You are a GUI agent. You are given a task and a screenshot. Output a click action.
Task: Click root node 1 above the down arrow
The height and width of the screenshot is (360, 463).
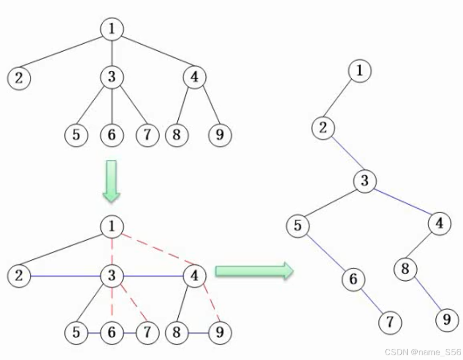point(112,29)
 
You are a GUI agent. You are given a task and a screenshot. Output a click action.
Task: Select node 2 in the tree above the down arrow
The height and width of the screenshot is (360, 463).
point(19,78)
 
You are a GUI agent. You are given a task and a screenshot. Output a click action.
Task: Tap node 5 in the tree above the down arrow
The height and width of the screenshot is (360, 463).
point(76,135)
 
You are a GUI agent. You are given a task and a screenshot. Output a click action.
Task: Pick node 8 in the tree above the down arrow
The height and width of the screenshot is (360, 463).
point(176,135)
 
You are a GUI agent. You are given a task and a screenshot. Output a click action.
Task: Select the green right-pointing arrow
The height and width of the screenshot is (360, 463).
point(254,271)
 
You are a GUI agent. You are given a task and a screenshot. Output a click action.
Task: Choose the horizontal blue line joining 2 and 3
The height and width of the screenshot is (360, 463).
point(65,276)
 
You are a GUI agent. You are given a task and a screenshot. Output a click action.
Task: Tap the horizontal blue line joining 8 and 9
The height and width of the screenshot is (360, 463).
point(197,333)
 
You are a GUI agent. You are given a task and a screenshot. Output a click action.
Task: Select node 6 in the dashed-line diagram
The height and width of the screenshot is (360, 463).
point(111,333)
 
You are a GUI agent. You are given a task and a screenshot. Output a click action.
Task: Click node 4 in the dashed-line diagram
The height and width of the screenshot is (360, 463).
point(194,276)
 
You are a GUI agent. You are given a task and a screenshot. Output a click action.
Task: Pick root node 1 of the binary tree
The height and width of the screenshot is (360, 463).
point(360,71)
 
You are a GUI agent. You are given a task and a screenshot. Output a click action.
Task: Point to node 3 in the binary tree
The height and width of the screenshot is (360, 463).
point(364,181)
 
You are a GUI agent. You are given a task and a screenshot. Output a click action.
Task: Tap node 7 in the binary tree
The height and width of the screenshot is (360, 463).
point(390,322)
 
